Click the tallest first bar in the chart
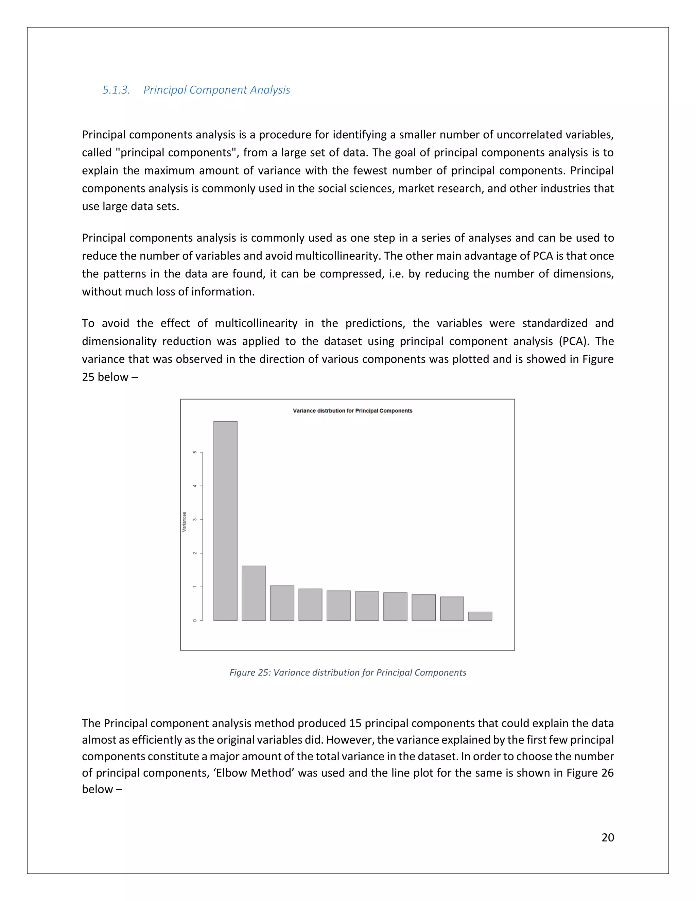(x=225, y=521)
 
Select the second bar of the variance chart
(x=254, y=593)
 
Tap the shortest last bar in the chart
(x=480, y=616)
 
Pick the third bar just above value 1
(x=282, y=603)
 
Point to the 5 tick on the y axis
(x=195, y=452)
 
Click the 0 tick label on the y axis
(x=195, y=620)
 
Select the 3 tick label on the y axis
(x=195, y=520)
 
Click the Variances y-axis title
(x=184, y=522)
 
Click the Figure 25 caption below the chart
(x=348, y=673)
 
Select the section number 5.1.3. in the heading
(x=116, y=90)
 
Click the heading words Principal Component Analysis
(x=216, y=90)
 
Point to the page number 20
(x=607, y=837)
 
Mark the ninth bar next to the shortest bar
(x=452, y=609)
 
